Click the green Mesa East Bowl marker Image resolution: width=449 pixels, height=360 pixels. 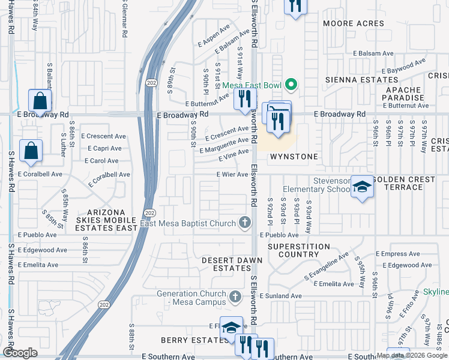click(291, 85)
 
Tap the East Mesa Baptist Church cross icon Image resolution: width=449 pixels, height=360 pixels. click(244, 223)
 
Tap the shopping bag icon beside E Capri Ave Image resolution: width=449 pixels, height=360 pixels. click(31, 151)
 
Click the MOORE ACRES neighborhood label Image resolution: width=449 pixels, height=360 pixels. click(353, 24)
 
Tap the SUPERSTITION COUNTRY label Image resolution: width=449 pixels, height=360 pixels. click(298, 250)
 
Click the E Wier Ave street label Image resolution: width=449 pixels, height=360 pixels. click(232, 175)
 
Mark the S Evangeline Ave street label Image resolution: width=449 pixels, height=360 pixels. click(326, 266)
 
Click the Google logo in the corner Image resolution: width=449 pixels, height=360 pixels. click(20, 353)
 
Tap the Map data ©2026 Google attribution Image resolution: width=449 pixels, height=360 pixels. click(412, 355)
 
